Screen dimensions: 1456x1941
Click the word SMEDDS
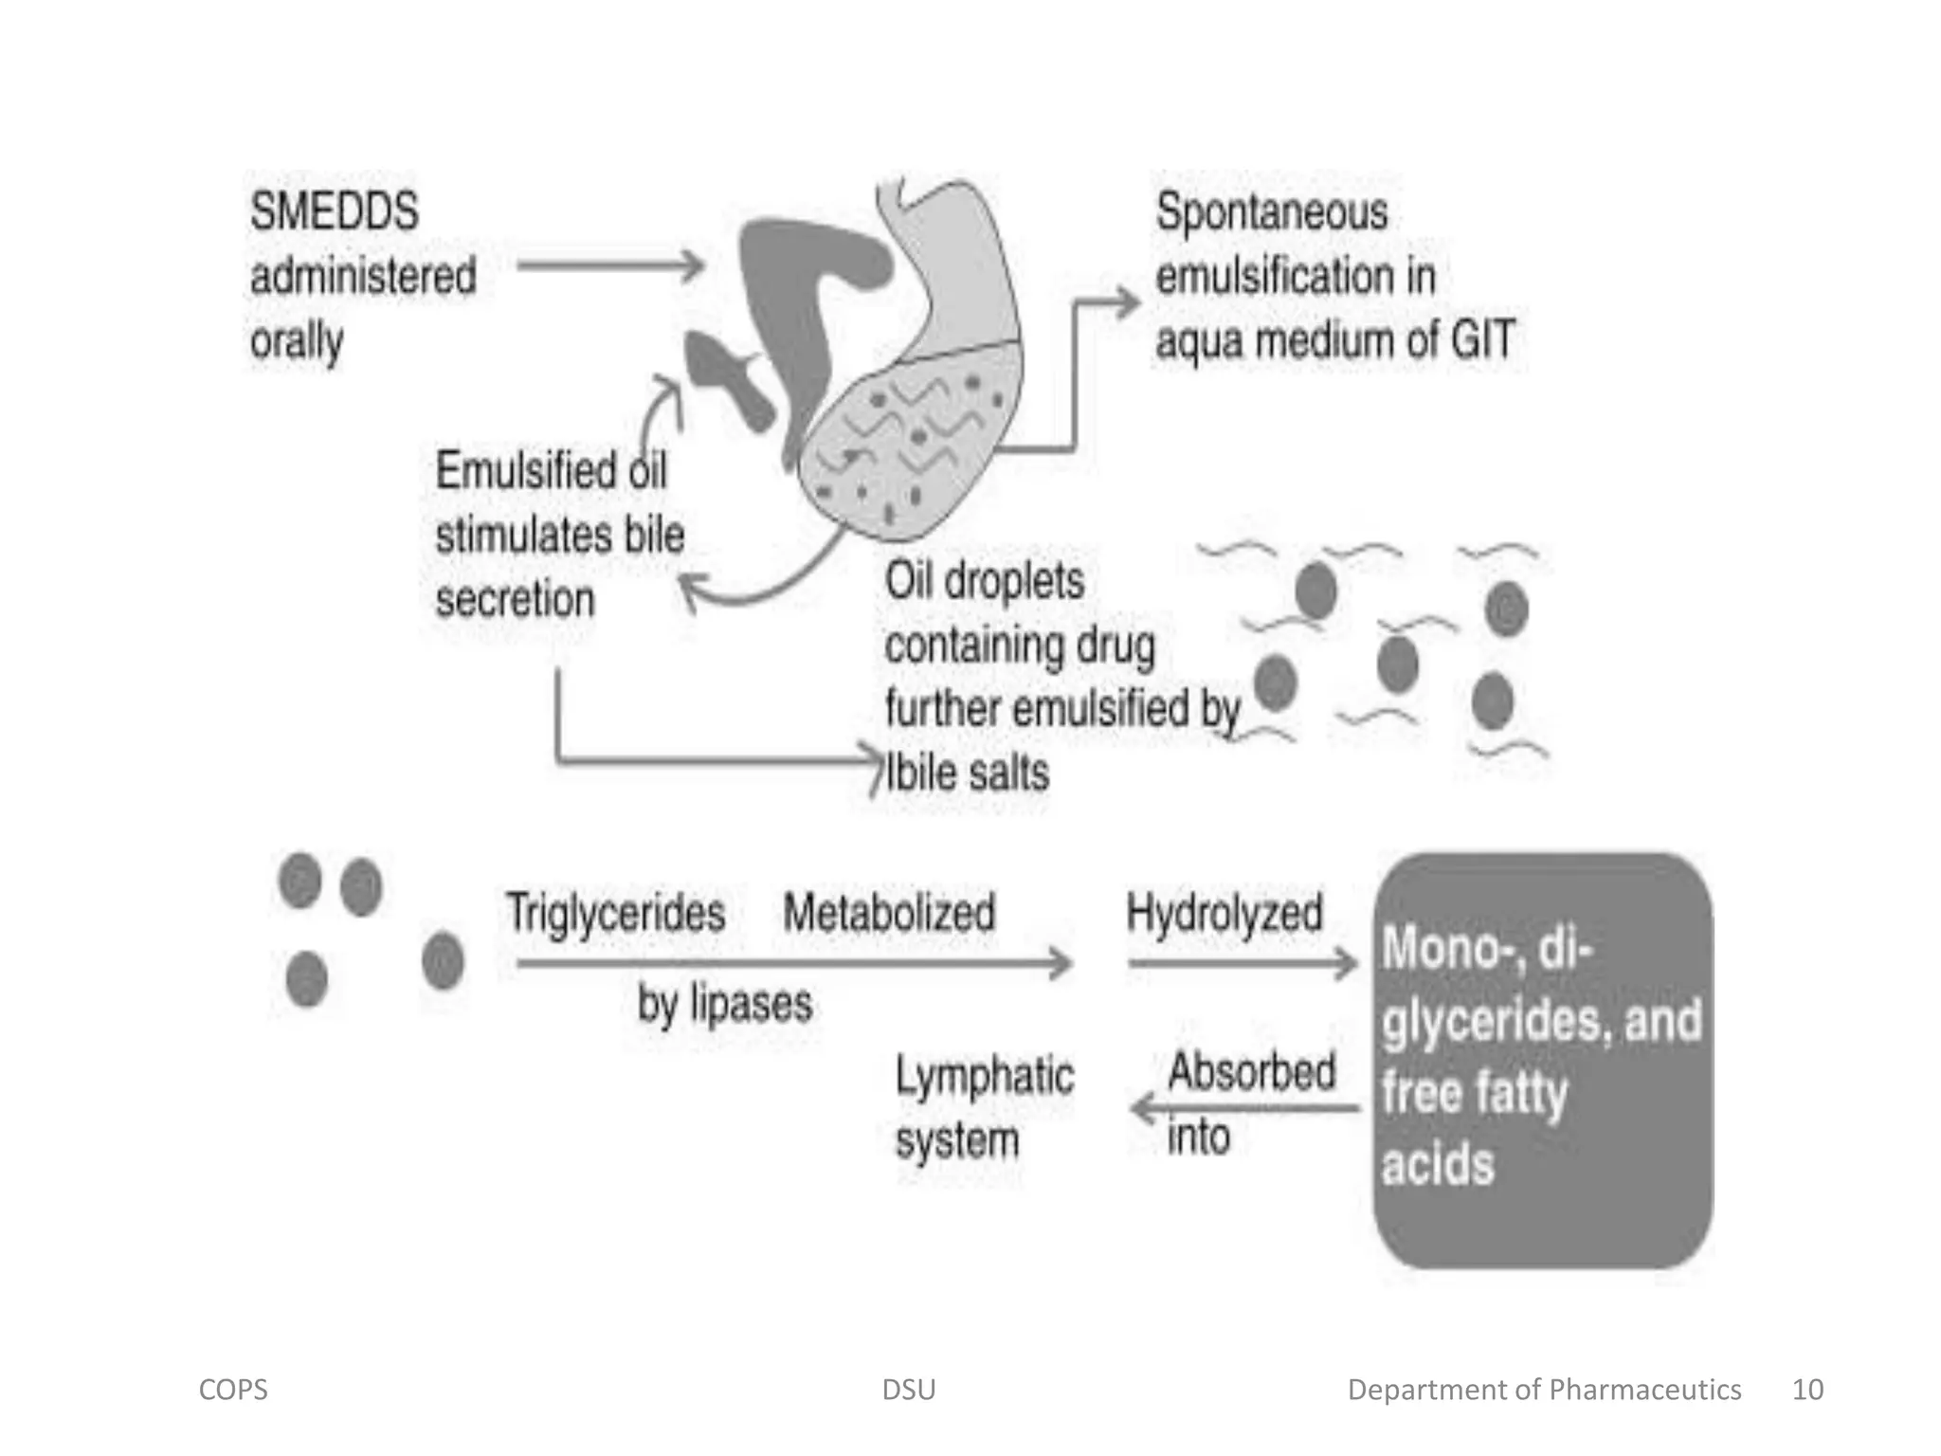coord(334,211)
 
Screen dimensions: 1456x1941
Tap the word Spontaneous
coord(1271,213)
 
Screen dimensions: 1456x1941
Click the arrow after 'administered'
coord(609,265)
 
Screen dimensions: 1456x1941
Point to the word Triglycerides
coord(615,913)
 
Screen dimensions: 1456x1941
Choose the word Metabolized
coord(889,913)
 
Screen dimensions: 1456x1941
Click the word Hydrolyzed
coord(1224,913)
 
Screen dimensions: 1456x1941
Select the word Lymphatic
coord(985,1077)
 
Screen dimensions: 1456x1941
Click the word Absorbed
coord(1251,1072)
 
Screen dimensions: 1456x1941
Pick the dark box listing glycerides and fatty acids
coord(1542,1059)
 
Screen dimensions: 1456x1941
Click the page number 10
coord(1807,1390)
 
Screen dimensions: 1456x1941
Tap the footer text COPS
coord(233,1390)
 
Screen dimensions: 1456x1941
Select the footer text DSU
coord(908,1390)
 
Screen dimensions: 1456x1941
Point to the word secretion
coord(515,600)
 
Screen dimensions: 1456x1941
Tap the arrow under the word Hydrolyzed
coord(1243,964)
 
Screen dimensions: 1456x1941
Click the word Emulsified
coord(512,471)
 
